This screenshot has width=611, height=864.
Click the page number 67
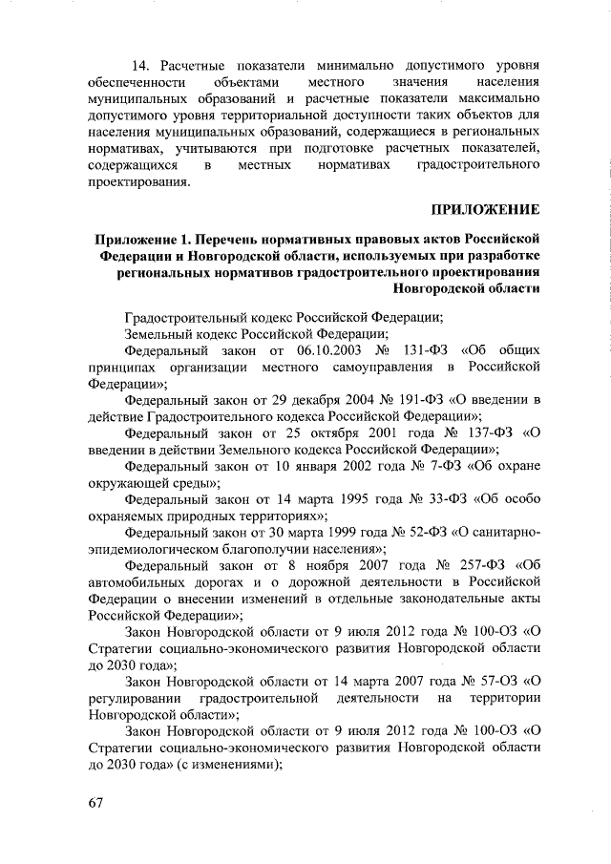(x=94, y=801)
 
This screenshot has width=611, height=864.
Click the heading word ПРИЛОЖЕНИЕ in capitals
(x=486, y=209)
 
